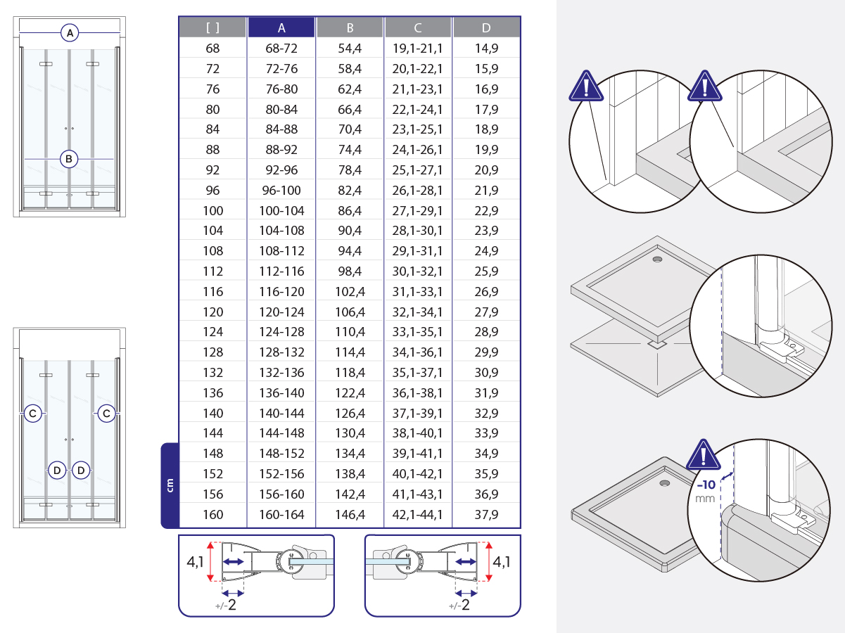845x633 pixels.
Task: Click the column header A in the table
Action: (281, 28)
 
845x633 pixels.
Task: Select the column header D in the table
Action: (486, 28)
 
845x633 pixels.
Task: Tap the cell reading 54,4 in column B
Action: (350, 49)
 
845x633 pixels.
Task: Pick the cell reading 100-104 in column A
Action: (281, 210)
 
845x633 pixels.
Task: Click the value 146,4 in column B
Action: (350, 514)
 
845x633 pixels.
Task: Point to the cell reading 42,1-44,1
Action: (418, 514)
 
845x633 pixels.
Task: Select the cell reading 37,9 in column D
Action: (486, 514)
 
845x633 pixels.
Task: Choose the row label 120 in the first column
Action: (212, 312)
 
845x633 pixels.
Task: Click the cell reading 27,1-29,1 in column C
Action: (418, 210)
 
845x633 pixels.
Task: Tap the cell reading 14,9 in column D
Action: (486, 49)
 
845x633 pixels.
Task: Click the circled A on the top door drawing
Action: (69, 32)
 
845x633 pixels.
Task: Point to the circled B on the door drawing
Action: (69, 159)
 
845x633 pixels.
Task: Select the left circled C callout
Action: (33, 414)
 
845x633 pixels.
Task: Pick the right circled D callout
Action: (82, 470)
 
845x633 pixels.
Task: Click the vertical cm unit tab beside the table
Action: (170, 485)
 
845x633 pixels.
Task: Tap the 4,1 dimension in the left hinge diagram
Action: (196, 562)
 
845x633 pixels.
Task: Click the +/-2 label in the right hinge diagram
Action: (459, 605)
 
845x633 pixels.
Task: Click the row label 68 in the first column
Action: (212, 49)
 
